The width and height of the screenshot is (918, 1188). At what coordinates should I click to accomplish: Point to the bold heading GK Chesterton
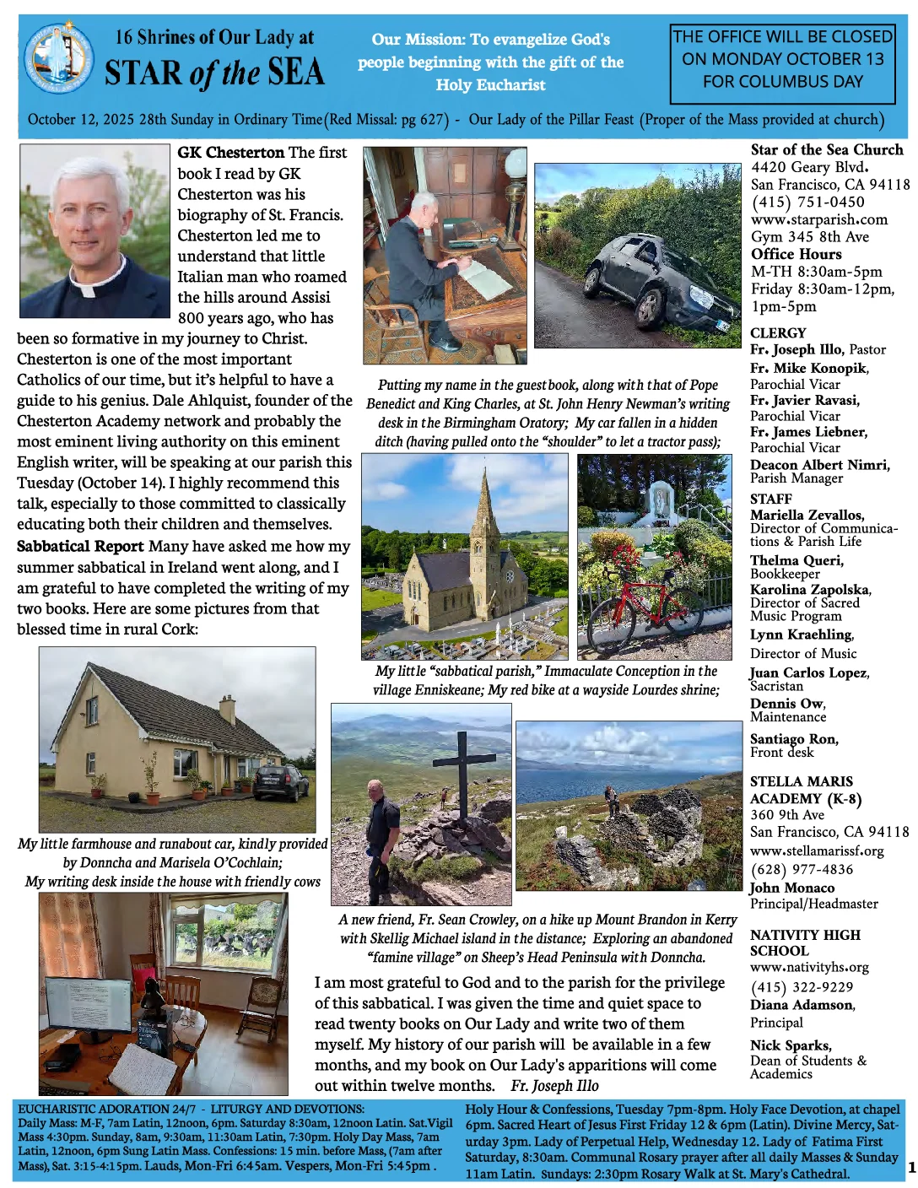pyautogui.click(x=230, y=153)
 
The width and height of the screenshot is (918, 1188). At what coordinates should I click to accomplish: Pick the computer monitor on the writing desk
pyautogui.click(x=88, y=1007)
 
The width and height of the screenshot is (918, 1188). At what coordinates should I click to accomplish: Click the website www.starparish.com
pyautogui.click(x=818, y=219)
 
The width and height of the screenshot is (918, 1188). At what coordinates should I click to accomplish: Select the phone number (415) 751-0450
pyautogui.click(x=807, y=202)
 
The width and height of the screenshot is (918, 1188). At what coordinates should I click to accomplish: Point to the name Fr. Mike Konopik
pyautogui.click(x=808, y=368)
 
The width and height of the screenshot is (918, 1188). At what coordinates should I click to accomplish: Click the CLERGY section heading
pyautogui.click(x=778, y=333)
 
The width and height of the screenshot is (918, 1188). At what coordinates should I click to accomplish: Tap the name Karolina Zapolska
pyautogui.click(x=810, y=590)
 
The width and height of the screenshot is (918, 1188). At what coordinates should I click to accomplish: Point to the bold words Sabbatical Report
pyautogui.click(x=80, y=546)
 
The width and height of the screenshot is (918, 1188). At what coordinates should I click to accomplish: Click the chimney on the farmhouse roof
pyautogui.click(x=227, y=710)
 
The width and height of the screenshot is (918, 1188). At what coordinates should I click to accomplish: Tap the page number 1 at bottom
pyautogui.click(x=910, y=1168)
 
